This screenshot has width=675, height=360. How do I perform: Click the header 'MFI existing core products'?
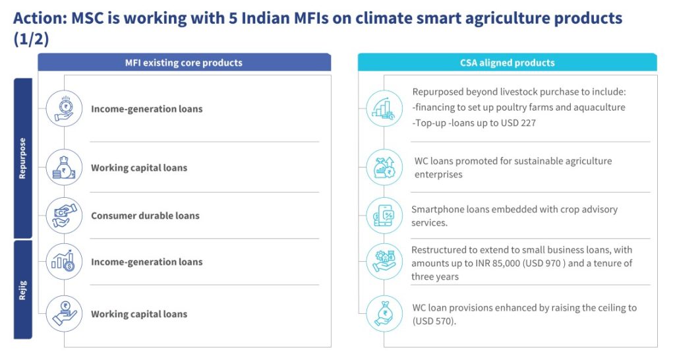tap(184, 63)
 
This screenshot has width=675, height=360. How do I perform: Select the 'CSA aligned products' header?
tap(507, 63)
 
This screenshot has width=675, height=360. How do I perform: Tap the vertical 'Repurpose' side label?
tap(23, 159)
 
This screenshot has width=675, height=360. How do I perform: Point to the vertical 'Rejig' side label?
tap(23, 289)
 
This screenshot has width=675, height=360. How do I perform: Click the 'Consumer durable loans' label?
tap(145, 216)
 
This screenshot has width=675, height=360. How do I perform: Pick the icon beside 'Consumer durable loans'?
tap(64, 216)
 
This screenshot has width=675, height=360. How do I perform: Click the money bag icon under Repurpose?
tap(64, 167)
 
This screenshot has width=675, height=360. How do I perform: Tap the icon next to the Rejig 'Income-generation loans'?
tap(64, 262)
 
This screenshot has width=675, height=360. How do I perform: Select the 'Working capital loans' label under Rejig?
tap(139, 315)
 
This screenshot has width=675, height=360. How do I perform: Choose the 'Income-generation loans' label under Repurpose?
tap(147, 109)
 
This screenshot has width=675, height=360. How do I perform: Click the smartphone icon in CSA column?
tap(384, 216)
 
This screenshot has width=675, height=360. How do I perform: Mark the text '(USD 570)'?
tap(434, 321)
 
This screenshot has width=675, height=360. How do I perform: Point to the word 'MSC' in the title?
tap(85, 18)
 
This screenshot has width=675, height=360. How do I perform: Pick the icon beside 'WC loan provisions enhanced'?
tap(384, 313)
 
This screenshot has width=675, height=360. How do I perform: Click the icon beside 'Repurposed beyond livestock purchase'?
tap(384, 108)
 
